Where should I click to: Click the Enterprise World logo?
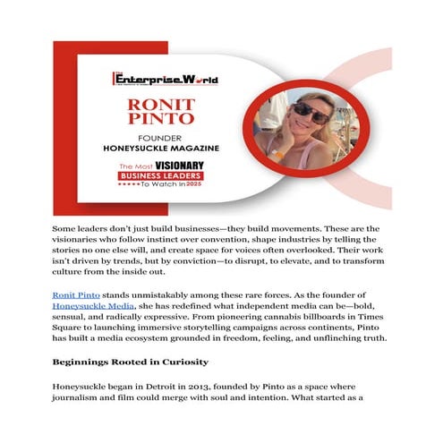pyautogui.click(x=165, y=78)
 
